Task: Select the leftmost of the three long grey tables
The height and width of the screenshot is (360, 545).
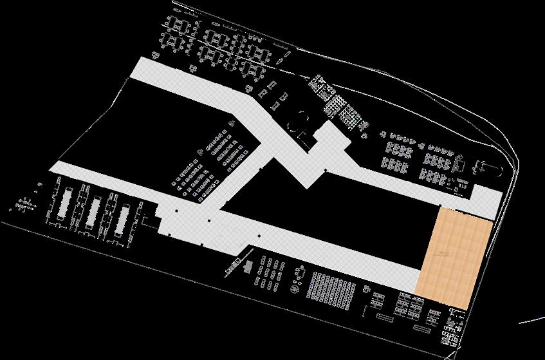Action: pyautogui.click(x=65, y=205)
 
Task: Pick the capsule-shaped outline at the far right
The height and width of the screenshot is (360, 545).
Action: pyautogui.click(x=487, y=169)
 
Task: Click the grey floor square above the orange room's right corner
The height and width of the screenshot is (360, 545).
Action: pyautogui.click(x=487, y=200)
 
